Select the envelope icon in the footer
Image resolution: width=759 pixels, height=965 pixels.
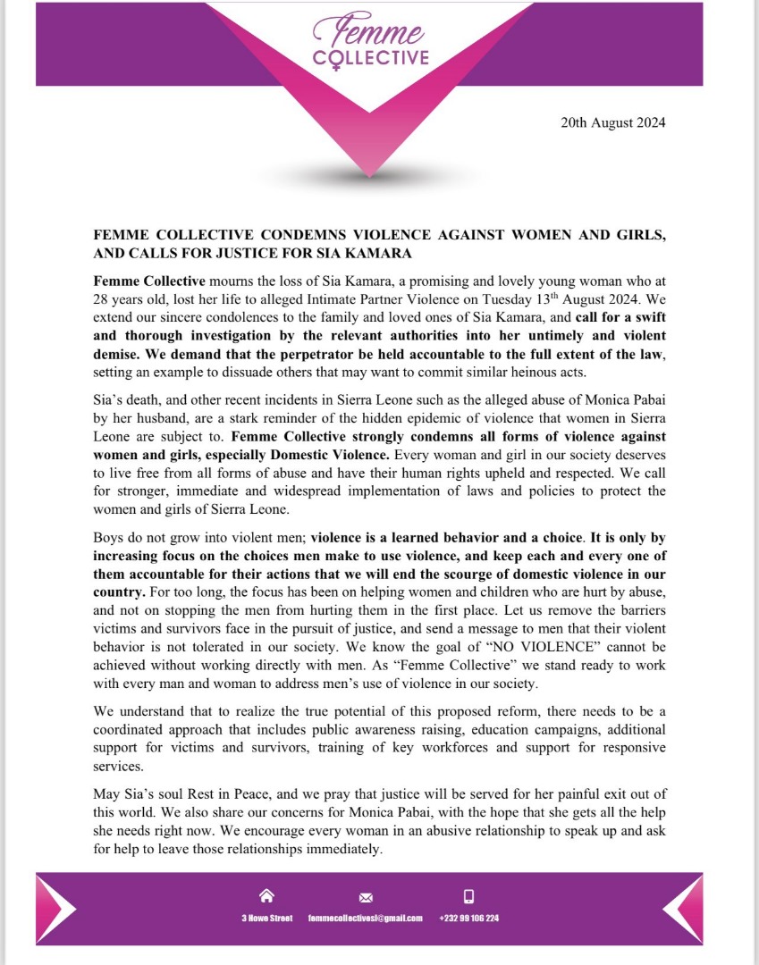(365, 897)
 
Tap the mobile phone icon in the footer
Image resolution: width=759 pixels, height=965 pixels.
(468, 896)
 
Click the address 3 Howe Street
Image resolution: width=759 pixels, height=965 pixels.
(266, 919)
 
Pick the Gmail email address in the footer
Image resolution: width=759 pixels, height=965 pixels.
(365, 919)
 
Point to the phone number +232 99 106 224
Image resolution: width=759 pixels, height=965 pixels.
(469, 919)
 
